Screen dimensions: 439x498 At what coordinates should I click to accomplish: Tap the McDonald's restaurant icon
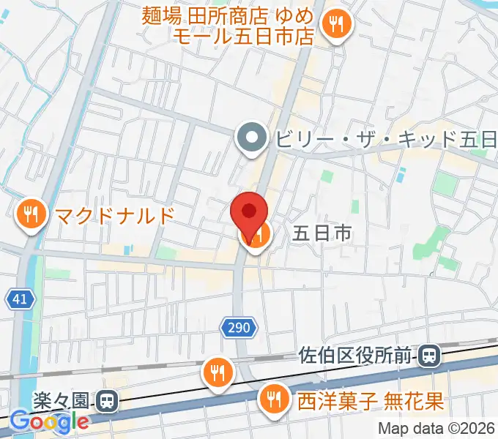[x=30, y=215]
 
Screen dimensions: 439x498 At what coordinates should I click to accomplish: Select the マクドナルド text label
[x=115, y=215]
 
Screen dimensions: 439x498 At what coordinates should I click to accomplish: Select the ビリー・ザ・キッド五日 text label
[x=386, y=138]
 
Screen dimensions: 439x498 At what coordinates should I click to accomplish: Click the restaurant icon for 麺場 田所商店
[x=337, y=24]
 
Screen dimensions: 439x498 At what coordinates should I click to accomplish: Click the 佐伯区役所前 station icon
[x=431, y=356]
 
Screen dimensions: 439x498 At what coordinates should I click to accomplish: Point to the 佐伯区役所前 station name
[x=358, y=356]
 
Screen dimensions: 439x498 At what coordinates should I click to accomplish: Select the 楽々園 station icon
[x=107, y=400]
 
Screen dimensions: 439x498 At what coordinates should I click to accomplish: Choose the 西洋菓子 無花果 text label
[x=371, y=400]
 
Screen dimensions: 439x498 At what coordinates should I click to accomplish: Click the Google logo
[x=50, y=422]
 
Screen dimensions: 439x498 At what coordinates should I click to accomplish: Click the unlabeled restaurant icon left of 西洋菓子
[x=218, y=372]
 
